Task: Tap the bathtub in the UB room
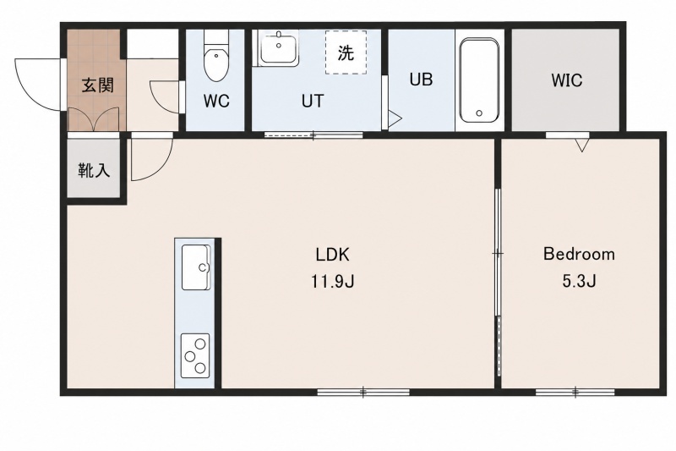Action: [x=479, y=80]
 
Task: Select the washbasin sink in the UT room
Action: [x=278, y=48]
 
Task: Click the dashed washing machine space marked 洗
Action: [x=346, y=52]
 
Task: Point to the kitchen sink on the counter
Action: [x=196, y=267]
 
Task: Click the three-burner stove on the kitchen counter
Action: [x=195, y=355]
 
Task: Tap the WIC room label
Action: [x=566, y=80]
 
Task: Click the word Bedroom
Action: [x=579, y=254]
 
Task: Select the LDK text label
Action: [x=332, y=255]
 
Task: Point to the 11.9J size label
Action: [x=332, y=282]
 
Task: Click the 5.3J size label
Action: [x=579, y=282]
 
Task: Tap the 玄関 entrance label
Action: [x=98, y=85]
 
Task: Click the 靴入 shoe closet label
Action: [x=94, y=171]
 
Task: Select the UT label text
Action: [x=312, y=101]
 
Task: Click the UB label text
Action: [x=421, y=80]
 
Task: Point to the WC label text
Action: [x=216, y=101]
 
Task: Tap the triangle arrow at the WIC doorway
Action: [x=582, y=145]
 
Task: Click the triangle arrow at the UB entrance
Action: [x=395, y=118]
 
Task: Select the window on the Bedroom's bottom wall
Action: [x=575, y=392]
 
